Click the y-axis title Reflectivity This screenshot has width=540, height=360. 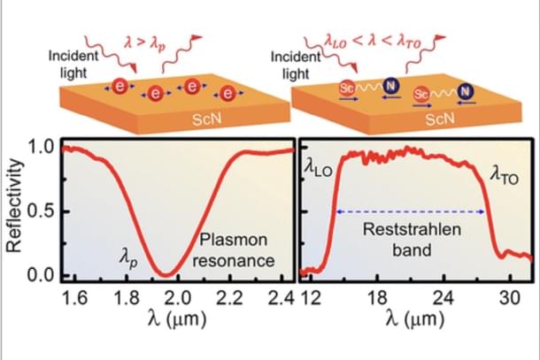pyautogui.click(x=13, y=210)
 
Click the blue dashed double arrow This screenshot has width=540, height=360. pyautogui.click(x=409, y=211)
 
